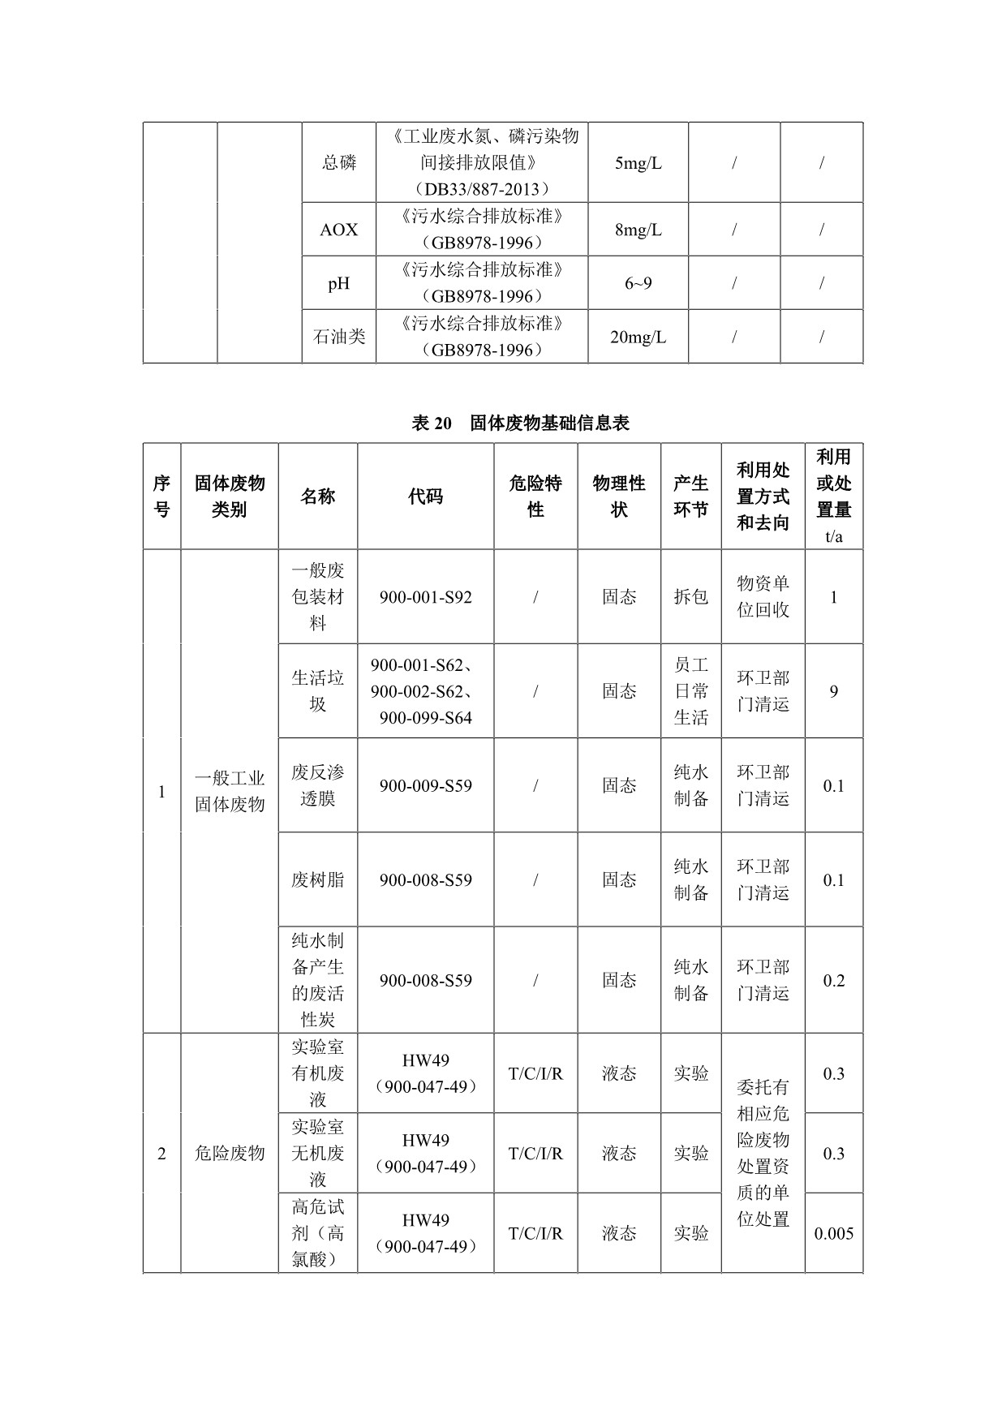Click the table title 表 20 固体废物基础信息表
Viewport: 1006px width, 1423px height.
point(520,423)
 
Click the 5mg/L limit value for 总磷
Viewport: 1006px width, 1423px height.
point(638,163)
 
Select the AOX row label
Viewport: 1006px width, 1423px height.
point(338,230)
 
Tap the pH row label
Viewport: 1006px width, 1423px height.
point(338,283)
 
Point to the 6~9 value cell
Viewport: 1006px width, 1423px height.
point(638,283)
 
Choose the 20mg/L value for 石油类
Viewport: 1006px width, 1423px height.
point(638,337)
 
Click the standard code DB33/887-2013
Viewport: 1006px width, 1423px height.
point(482,189)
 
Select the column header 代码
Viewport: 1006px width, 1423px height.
point(425,497)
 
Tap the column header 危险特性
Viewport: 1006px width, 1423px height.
point(535,497)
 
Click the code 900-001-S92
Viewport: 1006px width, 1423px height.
point(425,597)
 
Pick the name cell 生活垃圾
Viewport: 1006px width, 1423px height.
point(317,691)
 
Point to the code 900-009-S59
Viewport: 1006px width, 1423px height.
point(425,785)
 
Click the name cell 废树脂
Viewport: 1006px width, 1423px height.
point(317,879)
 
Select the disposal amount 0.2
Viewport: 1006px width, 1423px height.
point(833,980)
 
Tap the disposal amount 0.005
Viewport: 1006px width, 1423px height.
point(833,1233)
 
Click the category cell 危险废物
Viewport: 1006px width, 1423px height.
point(229,1153)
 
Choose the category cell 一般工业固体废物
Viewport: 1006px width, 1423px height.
point(229,791)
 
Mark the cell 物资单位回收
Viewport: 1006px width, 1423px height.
point(763,597)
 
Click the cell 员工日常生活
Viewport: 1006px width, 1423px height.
point(690,691)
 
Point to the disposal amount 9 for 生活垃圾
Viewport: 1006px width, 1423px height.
point(833,691)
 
